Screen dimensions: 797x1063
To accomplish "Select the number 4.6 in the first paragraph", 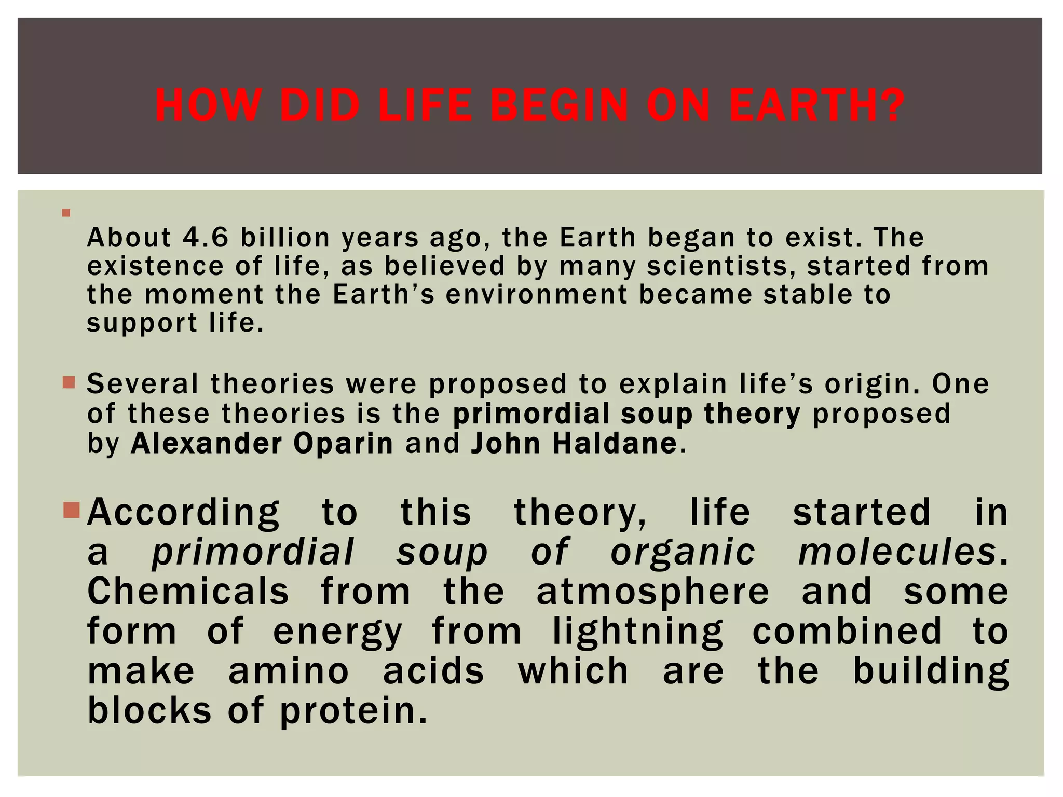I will click(206, 238).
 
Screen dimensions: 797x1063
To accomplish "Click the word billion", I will click(285, 238).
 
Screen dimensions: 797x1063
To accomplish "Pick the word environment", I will click(537, 295).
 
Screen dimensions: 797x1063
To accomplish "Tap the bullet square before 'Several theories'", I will click(69, 383).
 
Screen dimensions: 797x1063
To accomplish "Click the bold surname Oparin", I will click(343, 444).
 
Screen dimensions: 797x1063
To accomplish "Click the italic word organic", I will click(683, 552).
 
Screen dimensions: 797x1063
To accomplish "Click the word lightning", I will click(637, 632).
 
